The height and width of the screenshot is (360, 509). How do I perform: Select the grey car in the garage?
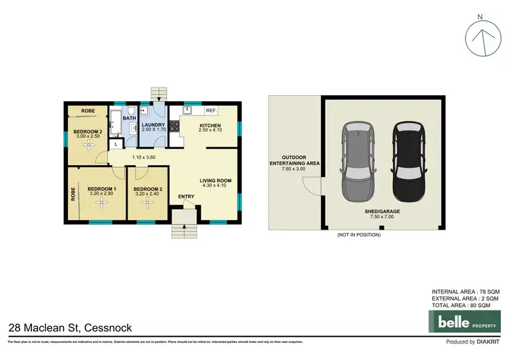click(357, 161)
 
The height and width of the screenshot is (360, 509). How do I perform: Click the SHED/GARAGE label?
click(383, 212)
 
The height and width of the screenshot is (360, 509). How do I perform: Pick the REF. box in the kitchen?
click(211, 110)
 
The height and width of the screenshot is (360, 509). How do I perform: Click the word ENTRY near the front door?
click(186, 197)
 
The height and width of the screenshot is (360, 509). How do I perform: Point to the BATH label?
click(128, 118)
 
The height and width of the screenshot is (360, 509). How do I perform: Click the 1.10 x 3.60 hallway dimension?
click(135, 158)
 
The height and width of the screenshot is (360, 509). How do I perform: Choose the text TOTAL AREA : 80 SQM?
click(466, 304)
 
